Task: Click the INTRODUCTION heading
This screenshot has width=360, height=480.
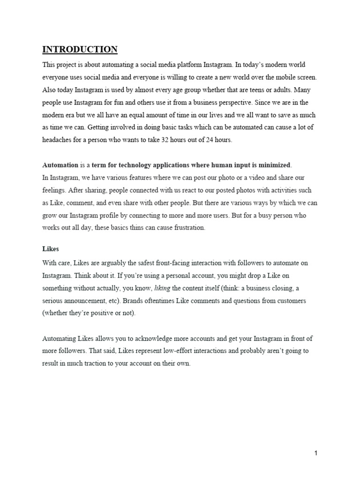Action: coord(80,49)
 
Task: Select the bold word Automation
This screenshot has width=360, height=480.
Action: coord(60,165)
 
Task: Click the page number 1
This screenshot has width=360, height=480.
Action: coord(316,453)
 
